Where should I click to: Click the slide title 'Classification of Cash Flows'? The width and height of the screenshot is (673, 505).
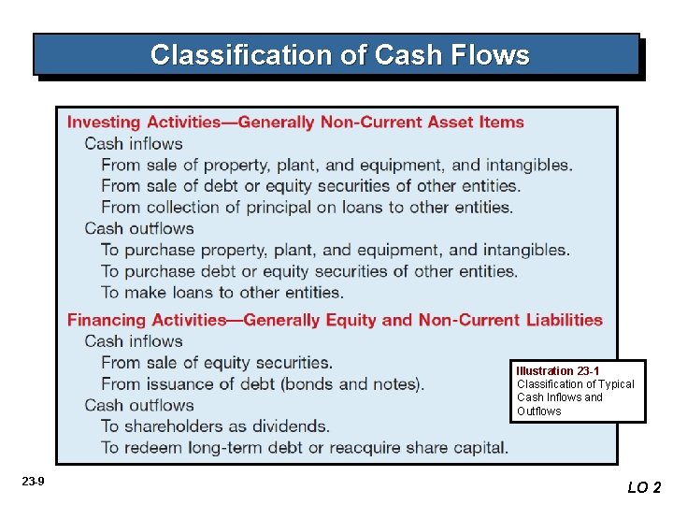coord(339,55)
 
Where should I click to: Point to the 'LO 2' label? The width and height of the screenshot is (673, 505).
coord(644,487)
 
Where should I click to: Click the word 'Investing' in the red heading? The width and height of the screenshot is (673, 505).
coord(103,123)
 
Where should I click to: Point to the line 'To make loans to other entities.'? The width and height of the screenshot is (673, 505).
coord(222,293)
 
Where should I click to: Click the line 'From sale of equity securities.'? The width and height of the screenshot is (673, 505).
coord(217,363)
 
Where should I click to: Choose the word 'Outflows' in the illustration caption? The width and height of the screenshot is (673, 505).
coord(539,411)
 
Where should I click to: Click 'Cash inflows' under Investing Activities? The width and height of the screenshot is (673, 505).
coord(134,144)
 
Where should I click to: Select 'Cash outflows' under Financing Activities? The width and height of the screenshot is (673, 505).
coord(139,406)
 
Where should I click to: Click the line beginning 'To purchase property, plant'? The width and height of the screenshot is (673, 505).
coord(335,251)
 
